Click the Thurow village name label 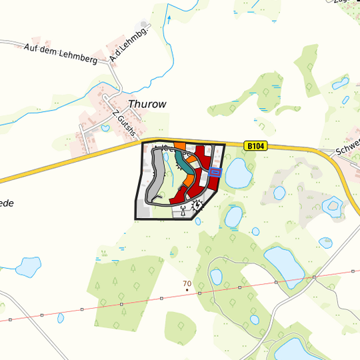(147, 104)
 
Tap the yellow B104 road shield (255, 145)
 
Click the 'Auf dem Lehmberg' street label (60, 53)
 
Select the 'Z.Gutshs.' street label (125, 124)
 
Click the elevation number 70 (187, 283)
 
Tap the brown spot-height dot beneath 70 (187, 291)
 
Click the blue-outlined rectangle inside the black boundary (215, 172)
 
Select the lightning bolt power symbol (197, 206)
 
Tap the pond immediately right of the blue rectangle (238, 173)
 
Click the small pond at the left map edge (28, 267)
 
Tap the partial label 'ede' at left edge (6, 203)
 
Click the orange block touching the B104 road (180, 146)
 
